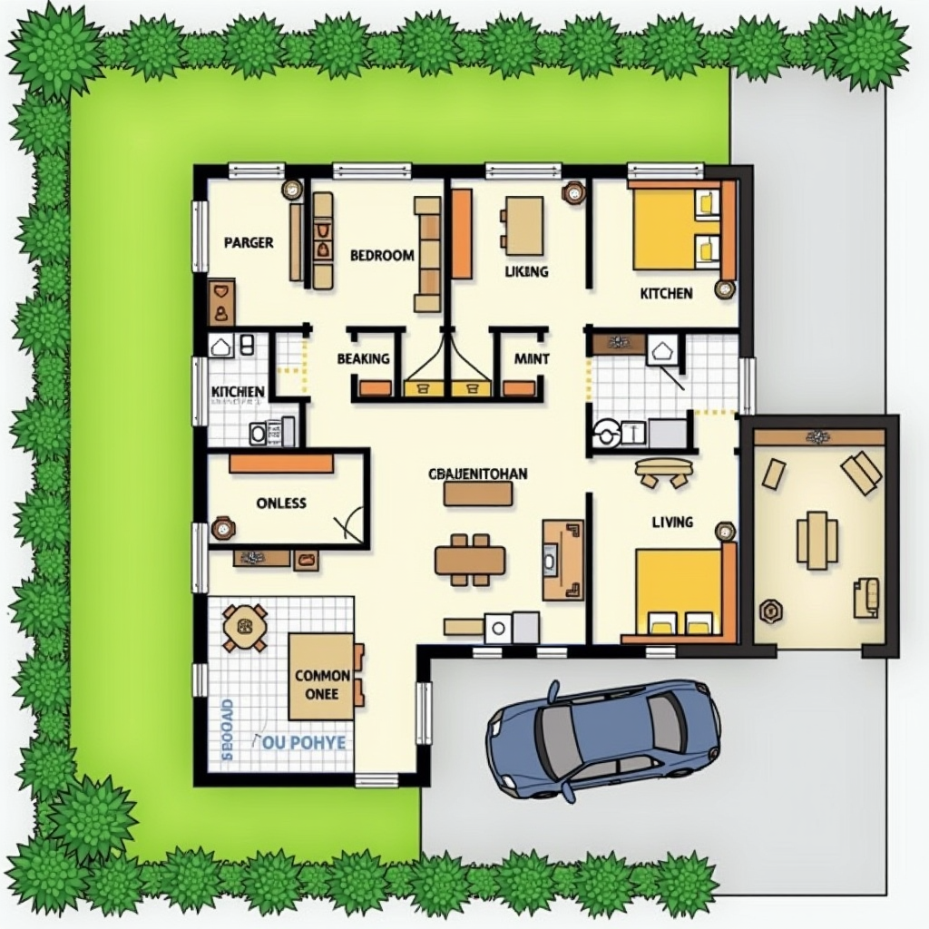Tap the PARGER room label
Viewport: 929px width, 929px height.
[248, 243]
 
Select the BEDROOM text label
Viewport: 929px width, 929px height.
[382, 256]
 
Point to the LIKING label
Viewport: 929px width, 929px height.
[526, 271]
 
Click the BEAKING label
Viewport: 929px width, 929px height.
[363, 359]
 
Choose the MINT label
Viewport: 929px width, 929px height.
[532, 359]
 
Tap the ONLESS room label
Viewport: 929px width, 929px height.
[281, 503]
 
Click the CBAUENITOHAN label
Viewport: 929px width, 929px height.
[477, 474]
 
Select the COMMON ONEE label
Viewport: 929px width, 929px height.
[322, 684]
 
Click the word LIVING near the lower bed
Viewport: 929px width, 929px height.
[672, 522]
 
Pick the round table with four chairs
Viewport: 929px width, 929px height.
[245, 626]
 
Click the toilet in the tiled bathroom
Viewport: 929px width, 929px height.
[606, 434]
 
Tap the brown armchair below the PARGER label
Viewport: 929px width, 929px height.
[220, 303]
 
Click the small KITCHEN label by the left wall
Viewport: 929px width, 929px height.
[238, 392]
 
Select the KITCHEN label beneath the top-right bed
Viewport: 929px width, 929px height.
[666, 293]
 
